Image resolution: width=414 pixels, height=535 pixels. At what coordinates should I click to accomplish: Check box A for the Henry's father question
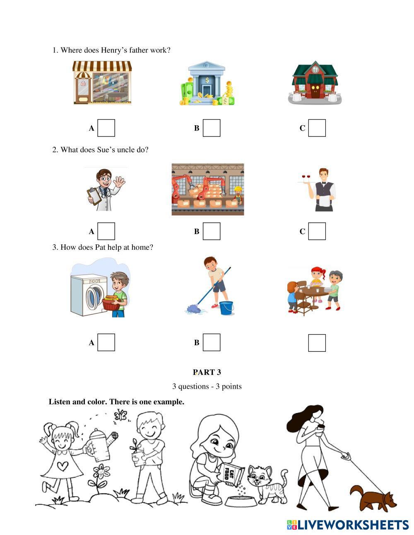(x=106, y=128)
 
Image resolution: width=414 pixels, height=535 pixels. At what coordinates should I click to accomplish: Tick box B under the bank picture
(x=212, y=128)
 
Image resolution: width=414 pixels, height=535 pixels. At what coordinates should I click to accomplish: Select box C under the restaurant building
(x=317, y=128)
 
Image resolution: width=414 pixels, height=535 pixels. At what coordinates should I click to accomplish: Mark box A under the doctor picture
(x=106, y=231)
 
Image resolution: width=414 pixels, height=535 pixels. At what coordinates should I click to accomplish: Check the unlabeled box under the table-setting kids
(x=317, y=343)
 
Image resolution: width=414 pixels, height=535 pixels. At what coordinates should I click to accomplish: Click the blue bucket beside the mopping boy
(x=226, y=308)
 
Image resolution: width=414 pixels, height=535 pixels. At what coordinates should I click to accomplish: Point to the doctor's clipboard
(x=94, y=196)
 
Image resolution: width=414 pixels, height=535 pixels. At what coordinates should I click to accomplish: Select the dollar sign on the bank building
(x=207, y=80)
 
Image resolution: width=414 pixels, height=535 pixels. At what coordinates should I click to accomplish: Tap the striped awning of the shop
(x=102, y=66)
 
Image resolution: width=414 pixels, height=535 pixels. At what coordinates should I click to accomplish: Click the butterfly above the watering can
(x=121, y=416)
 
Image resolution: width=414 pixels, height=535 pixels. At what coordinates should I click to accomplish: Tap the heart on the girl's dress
(x=63, y=466)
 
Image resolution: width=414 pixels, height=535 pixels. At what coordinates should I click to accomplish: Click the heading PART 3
(x=207, y=372)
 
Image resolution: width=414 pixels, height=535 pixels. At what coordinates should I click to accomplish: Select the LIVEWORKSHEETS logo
(x=348, y=525)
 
